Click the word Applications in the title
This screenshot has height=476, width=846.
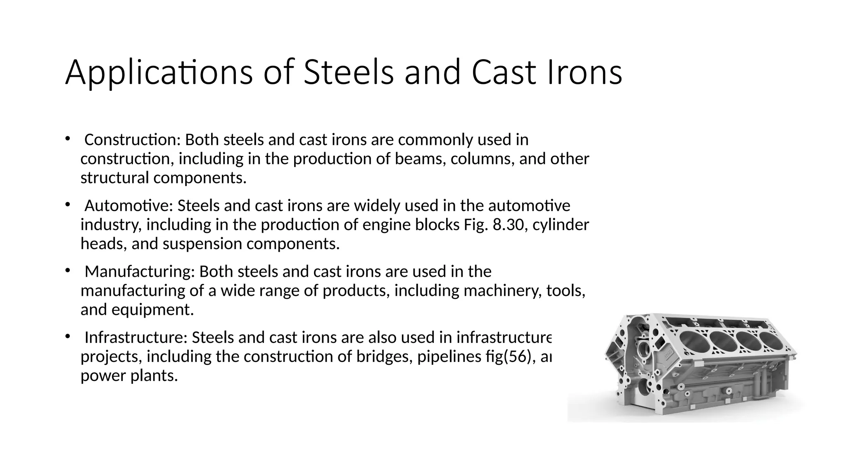(x=159, y=73)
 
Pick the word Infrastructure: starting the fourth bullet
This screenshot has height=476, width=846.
(x=136, y=338)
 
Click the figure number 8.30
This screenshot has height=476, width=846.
(x=509, y=225)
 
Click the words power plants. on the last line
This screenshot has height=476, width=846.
(x=129, y=376)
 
